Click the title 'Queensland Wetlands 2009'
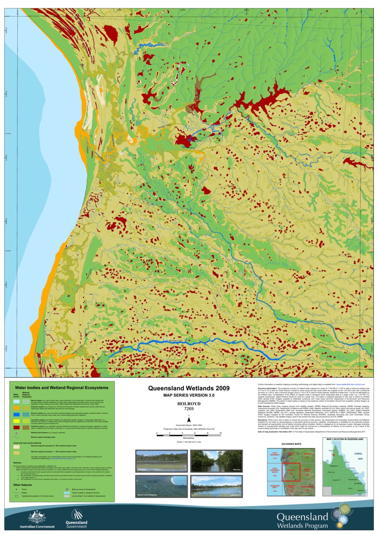coord(189,388)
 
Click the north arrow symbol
coord(189,423)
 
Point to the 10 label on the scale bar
coord(221,434)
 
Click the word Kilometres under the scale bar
coord(189,438)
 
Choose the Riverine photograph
coord(216,461)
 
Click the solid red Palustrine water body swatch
coord(16,428)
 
